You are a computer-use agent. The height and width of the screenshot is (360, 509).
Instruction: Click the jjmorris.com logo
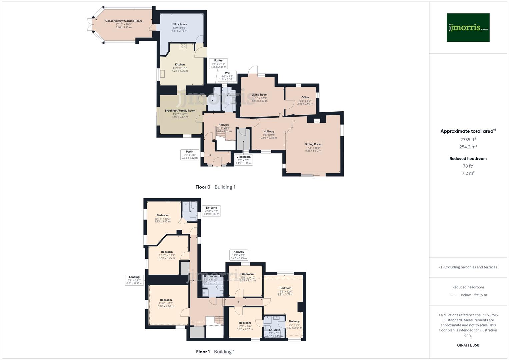(468, 28)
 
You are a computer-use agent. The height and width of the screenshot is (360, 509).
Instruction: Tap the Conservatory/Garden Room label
(123, 21)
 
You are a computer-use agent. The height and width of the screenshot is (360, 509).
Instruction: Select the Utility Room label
(179, 24)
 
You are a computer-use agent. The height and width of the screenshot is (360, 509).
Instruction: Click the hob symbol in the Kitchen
(183, 46)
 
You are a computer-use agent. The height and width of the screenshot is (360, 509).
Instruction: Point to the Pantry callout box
(218, 63)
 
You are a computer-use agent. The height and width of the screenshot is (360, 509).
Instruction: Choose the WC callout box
(227, 76)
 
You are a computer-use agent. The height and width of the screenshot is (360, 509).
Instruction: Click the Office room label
(305, 97)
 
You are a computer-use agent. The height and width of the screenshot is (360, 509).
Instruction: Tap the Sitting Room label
(313, 144)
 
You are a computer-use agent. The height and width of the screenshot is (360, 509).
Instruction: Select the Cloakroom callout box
(243, 160)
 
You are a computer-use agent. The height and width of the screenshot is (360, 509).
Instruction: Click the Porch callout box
(190, 155)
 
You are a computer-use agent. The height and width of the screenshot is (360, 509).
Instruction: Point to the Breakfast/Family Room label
(180, 111)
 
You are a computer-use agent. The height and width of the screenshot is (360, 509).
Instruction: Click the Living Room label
(259, 95)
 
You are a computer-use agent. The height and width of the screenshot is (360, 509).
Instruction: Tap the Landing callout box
(134, 280)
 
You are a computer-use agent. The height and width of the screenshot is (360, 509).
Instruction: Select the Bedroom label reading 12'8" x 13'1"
(166, 300)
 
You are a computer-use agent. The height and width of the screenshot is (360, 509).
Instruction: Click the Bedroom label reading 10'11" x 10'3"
(163, 215)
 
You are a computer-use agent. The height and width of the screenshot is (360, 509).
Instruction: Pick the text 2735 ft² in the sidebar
(468, 140)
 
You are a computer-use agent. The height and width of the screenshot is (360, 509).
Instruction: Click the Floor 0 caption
(203, 187)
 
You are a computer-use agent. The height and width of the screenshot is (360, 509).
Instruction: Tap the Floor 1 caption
(203, 352)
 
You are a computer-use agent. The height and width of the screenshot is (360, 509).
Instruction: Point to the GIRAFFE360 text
(468, 345)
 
